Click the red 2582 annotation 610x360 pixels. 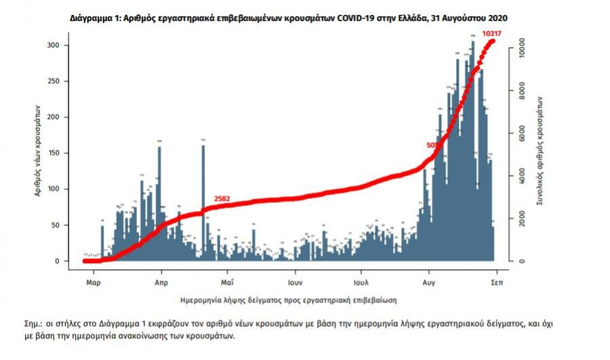coord(222,199)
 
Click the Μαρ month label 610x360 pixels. coord(94,280)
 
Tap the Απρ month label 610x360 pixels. coord(161,280)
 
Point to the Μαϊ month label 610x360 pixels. coord(227,280)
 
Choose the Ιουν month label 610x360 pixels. coord(293,280)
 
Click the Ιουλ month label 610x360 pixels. coord(361,280)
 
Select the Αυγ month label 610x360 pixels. coord(428,280)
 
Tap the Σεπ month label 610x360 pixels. coord(496,280)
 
